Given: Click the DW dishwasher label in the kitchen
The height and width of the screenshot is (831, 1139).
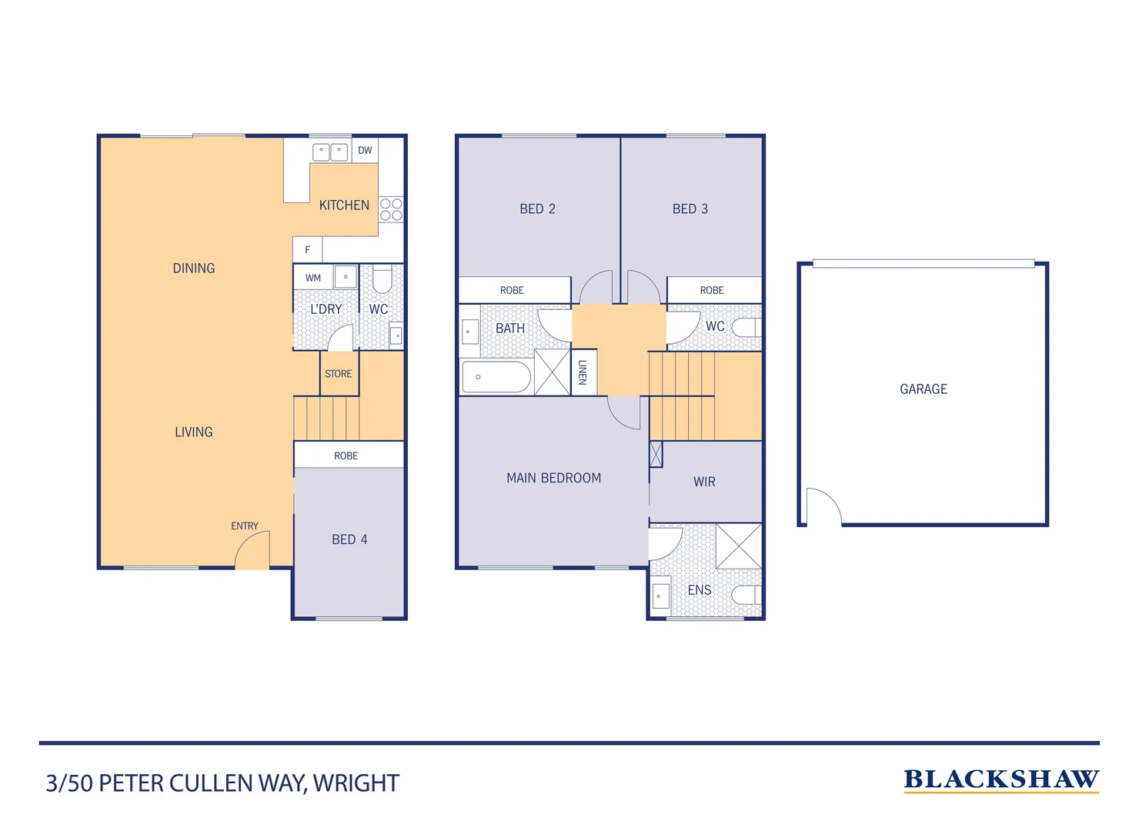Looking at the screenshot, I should point(365,150).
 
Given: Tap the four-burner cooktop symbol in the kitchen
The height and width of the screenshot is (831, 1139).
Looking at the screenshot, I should point(391,209).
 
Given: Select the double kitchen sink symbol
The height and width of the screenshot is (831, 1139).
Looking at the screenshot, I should point(330,152).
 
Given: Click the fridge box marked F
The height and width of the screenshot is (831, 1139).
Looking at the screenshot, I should point(307,249).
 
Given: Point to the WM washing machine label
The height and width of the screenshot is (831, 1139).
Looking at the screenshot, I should point(313,278).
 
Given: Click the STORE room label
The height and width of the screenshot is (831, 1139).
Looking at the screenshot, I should point(339,374).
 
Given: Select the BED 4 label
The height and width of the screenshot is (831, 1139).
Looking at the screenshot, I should point(349,539).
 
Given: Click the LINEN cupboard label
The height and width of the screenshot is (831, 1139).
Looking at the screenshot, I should point(583,372).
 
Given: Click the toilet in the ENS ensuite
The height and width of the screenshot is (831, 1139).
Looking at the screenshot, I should point(744,595).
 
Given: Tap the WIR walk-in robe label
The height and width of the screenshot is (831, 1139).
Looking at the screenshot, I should point(704,482).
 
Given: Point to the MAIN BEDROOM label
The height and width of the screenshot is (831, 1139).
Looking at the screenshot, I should point(553,478).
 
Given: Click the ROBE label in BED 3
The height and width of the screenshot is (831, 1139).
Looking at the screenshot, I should point(712,290).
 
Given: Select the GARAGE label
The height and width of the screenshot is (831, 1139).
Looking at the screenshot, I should point(924,389).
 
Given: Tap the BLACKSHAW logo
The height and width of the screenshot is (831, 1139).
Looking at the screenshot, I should point(1000,779).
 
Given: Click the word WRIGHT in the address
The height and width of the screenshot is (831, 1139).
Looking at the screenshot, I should point(356,783).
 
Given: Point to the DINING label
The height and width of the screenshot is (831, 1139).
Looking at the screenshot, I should point(194,269).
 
